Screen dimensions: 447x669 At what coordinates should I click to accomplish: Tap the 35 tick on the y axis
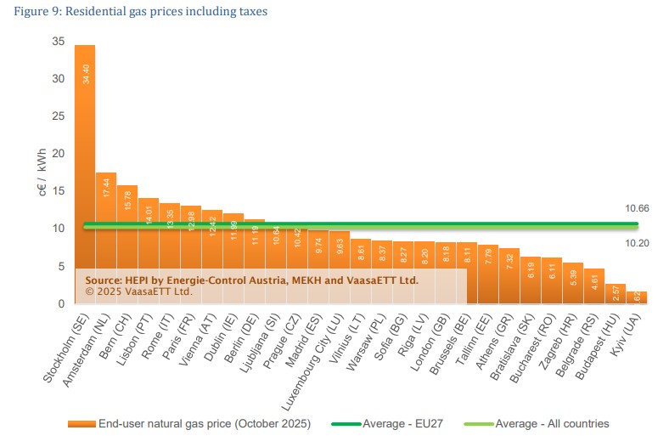click(58, 42)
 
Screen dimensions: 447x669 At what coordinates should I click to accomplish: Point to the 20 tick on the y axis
click(58, 154)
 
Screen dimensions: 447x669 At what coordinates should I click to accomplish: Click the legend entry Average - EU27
click(396, 423)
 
